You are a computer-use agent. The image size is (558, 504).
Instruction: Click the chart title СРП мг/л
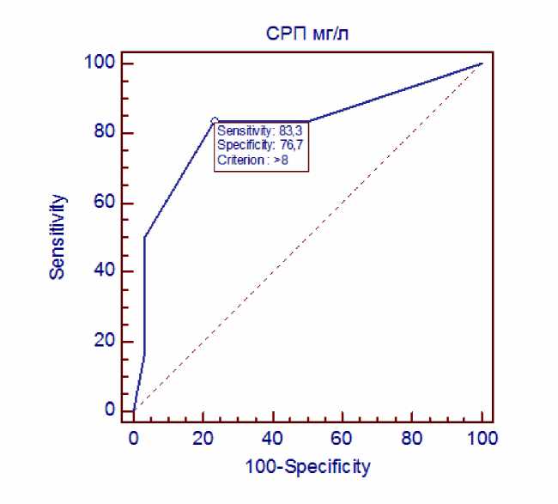(306, 35)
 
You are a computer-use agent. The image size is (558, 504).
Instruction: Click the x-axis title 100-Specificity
(307, 467)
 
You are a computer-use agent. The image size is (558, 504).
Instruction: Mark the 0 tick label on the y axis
(110, 410)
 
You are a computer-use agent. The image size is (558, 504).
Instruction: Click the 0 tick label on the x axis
(134, 438)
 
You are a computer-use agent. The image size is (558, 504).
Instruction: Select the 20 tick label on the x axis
(203, 438)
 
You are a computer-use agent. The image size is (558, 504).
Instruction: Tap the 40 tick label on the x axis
(273, 438)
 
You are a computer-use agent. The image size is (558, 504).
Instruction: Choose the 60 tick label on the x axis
(343, 438)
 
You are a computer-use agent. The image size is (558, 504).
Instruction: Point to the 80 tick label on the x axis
(412, 438)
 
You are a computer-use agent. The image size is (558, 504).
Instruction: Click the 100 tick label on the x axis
(482, 438)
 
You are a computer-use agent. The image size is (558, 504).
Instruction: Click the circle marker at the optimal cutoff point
(215, 121)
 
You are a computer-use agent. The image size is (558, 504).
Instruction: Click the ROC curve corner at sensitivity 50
(144, 237)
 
